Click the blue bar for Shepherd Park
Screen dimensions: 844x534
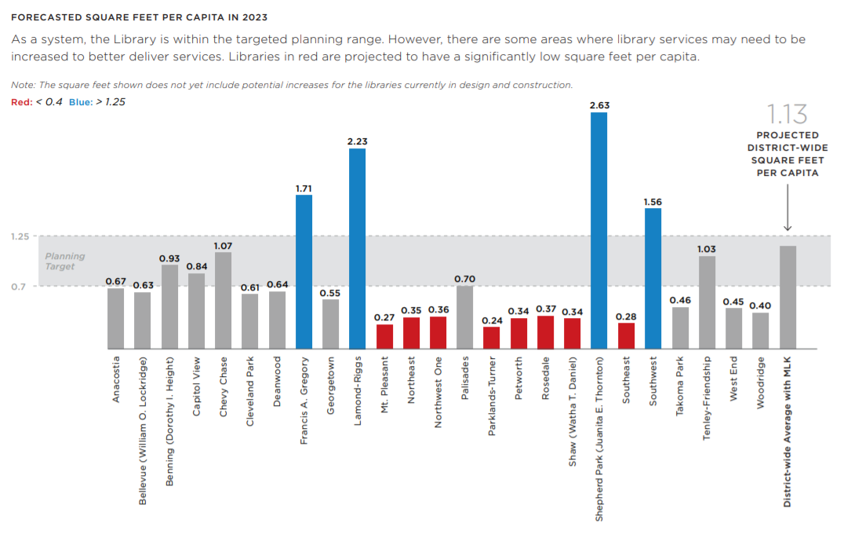598,230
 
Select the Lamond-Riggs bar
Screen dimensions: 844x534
357,248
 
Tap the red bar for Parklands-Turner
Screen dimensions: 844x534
492,338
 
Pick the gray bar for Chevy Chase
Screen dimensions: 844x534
223,301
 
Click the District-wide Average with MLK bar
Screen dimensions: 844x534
788,298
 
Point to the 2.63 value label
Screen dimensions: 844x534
599,105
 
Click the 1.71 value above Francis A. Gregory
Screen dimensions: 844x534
304,188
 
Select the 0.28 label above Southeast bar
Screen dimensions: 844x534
626,316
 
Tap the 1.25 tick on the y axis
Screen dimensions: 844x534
20,236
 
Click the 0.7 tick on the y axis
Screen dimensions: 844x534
18,287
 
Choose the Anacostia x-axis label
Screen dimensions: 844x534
116,379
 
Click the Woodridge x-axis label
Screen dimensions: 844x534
761,382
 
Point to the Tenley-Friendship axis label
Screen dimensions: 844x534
707,398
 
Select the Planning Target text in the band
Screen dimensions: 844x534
64,262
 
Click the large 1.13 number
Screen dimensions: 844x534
787,114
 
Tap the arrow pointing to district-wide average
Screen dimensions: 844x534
788,207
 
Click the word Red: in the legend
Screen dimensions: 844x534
21,102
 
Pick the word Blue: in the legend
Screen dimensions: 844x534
81,102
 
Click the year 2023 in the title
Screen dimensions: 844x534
255,17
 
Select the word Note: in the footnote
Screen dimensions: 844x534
24,85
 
